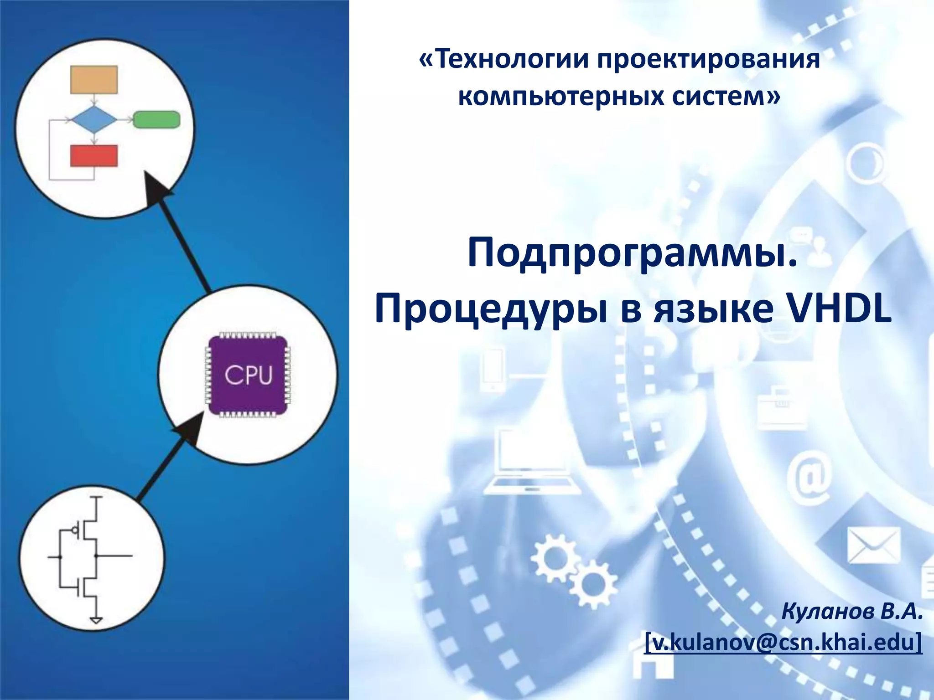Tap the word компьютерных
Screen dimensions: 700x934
click(560, 97)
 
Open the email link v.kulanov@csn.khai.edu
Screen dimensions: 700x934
click(783, 642)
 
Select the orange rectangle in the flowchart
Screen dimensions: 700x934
click(94, 80)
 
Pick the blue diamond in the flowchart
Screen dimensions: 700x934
click(94, 119)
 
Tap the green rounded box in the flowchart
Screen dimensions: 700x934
click(157, 119)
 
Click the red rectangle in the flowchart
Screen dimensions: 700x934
click(94, 156)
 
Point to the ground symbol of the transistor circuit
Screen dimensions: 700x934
click(96, 620)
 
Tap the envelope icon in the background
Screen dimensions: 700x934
click(874, 546)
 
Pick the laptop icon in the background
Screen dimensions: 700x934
click(532, 463)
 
